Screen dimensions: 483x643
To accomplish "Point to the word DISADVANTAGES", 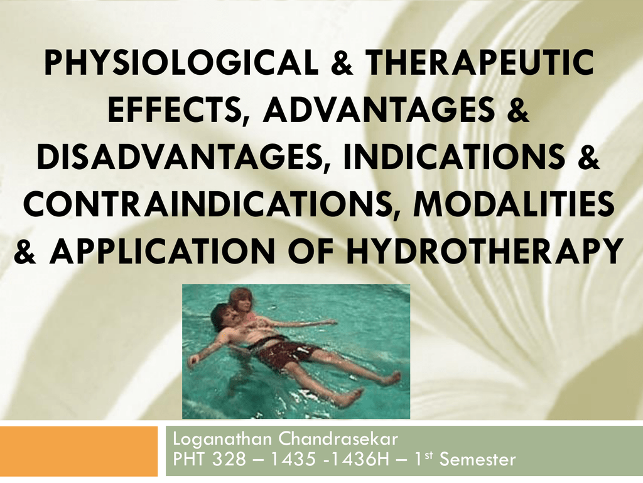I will (x=179, y=157).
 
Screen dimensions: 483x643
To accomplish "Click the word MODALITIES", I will (x=514, y=204).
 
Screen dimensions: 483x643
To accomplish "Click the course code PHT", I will (x=188, y=460).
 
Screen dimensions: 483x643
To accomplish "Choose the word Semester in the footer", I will (x=478, y=460).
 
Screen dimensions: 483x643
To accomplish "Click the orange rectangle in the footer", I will (x=78, y=451).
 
